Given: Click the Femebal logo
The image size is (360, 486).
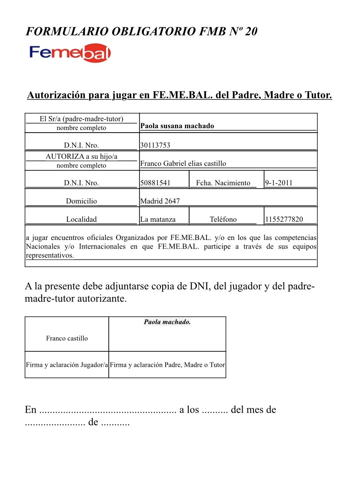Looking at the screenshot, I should tap(70, 53).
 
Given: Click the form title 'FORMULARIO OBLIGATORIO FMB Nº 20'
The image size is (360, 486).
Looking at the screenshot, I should tap(142, 31).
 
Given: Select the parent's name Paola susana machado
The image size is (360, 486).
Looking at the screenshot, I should tap(177, 126).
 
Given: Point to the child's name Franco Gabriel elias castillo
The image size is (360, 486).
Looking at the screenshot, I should tap(183, 164).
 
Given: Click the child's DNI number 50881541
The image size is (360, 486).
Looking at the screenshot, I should tap(155, 183).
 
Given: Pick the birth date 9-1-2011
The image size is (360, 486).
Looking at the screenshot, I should tap(279, 183).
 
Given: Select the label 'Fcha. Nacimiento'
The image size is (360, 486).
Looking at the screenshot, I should tap(223, 183).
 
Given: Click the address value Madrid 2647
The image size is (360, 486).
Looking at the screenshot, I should tap(160, 201).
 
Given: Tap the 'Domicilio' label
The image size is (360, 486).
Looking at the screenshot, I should tap(81, 201).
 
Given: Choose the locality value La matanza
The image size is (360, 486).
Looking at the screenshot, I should tap(158, 220).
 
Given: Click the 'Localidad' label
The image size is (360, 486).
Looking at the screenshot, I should tap(81, 220).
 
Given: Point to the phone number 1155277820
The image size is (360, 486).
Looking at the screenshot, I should tap(284, 220).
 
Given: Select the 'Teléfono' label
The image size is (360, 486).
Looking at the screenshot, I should tap(223, 220).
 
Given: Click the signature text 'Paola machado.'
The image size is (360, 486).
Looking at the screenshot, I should tap(167, 322).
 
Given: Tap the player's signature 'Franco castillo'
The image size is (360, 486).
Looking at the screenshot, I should tap(67, 338).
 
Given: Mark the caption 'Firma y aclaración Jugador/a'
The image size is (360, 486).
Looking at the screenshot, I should tap(67, 365).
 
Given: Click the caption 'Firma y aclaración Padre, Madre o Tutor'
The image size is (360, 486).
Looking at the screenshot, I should tap(167, 365).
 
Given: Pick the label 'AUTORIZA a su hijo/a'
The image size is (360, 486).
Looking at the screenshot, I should tap(81, 156).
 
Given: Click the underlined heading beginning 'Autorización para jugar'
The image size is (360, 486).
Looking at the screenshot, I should tap(180, 95).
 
